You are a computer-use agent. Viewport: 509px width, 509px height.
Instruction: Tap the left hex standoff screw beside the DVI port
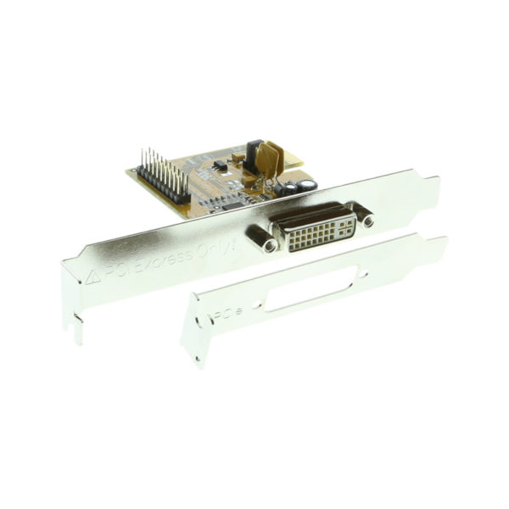click(269, 246)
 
